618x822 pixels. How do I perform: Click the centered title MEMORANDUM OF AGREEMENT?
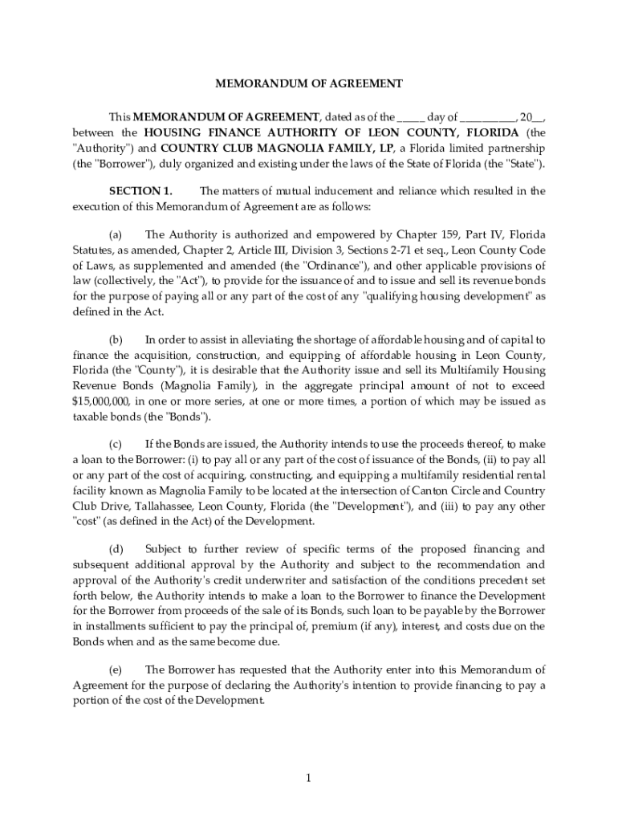[308, 83]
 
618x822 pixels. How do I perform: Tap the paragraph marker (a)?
[116, 234]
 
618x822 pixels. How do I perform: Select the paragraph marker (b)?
[116, 340]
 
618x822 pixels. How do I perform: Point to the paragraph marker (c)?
[116, 444]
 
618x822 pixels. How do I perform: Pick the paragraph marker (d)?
[116, 549]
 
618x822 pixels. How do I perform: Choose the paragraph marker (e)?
[116, 669]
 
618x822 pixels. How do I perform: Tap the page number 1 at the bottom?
[308, 778]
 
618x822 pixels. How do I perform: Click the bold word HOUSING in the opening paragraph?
[171, 132]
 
